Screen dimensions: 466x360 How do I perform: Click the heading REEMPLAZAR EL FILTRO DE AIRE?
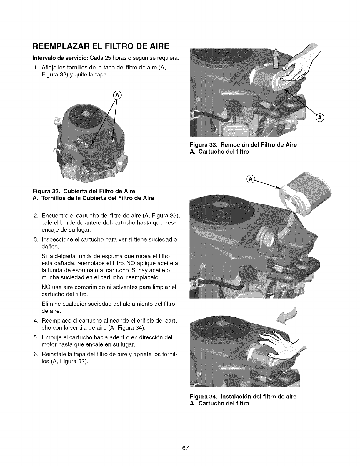(100, 46)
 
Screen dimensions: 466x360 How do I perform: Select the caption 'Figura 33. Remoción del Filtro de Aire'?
(243, 145)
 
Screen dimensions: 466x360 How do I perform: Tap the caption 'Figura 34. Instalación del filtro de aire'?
(243, 396)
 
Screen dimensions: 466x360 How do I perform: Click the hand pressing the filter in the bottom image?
(279, 341)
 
